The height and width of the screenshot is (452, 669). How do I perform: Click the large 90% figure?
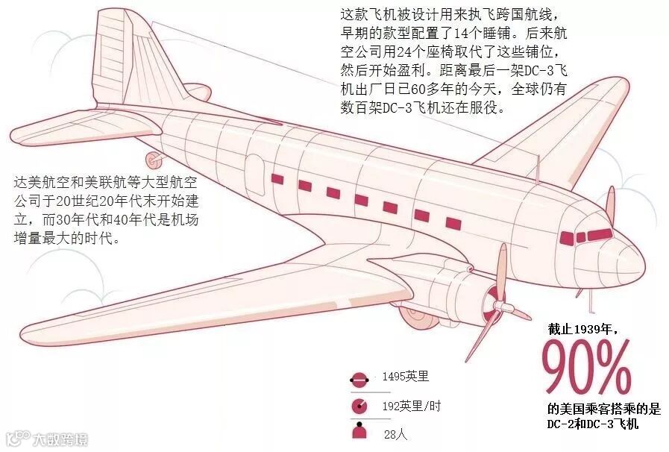pos(586,368)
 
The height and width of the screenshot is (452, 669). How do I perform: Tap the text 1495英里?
pos(406,377)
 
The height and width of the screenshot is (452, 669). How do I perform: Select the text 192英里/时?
pos(411,406)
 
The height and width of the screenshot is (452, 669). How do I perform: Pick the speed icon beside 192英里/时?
pos(359,407)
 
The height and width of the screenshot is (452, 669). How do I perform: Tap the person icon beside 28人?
pos(359,432)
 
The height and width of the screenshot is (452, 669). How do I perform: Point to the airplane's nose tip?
pos(640,257)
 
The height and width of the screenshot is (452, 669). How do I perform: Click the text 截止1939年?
pos(583,327)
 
